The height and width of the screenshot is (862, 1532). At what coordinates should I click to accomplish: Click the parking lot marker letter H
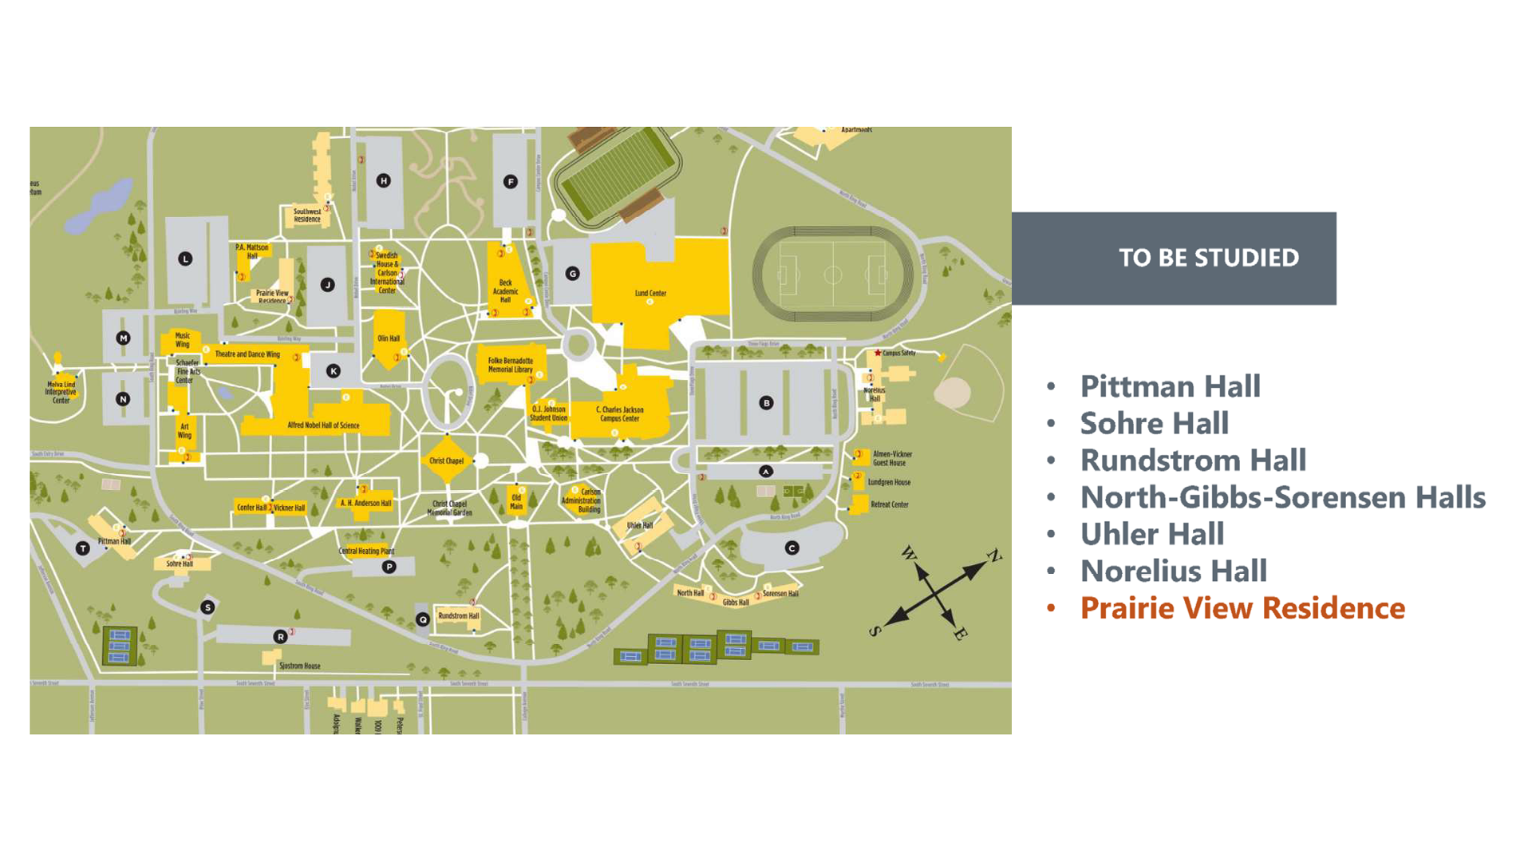pos(384,181)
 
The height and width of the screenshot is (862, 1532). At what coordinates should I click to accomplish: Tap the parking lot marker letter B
pos(766,403)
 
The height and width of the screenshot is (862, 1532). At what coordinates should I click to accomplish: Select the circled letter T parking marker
pos(82,548)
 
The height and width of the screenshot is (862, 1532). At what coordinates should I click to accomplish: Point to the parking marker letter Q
pos(423,619)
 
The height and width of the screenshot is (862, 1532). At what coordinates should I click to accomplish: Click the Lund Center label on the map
pos(650,294)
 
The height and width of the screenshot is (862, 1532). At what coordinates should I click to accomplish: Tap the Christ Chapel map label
pos(446,461)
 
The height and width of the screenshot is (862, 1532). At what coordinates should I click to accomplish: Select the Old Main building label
pos(516,502)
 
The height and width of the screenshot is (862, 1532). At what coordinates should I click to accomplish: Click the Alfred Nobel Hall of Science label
pos(323,425)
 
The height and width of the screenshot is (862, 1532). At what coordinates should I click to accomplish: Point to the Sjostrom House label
pos(299,666)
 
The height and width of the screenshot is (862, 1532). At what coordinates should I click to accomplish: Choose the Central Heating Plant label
pos(366,551)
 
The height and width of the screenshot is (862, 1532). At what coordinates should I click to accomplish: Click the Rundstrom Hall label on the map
pos(459,616)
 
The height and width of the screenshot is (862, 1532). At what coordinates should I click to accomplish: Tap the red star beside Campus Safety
pos(878,353)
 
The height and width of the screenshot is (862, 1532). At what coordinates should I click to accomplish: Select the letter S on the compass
pos(875,631)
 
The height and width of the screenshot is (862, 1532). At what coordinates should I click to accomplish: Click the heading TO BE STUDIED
pos(1208,258)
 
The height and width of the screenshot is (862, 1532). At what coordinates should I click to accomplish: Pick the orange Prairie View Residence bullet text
pos(1242,608)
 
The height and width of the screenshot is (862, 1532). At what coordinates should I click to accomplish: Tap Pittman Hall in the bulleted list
pos(1170,386)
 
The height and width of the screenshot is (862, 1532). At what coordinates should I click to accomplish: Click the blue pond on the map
pos(101,207)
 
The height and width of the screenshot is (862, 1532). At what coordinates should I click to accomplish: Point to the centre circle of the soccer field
pos(832,275)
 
